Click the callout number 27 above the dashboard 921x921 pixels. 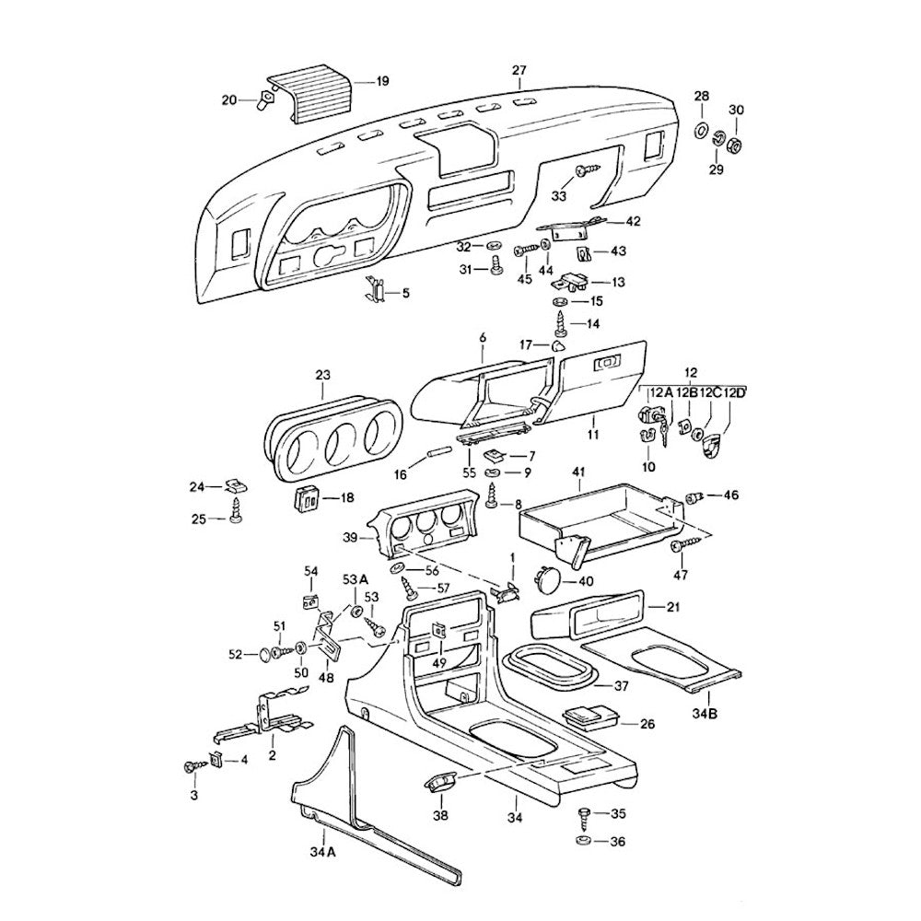[x=519, y=71]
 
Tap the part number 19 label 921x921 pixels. [x=382, y=81]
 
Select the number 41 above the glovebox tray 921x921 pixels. [x=578, y=473]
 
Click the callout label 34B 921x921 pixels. [x=706, y=713]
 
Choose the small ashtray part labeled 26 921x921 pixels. [x=589, y=717]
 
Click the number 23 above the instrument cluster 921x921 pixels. [x=321, y=375]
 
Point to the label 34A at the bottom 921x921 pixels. [x=322, y=853]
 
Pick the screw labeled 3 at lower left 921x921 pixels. [x=192, y=766]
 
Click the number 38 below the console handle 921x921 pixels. [x=440, y=816]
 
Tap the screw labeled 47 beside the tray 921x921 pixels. [x=678, y=547]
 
